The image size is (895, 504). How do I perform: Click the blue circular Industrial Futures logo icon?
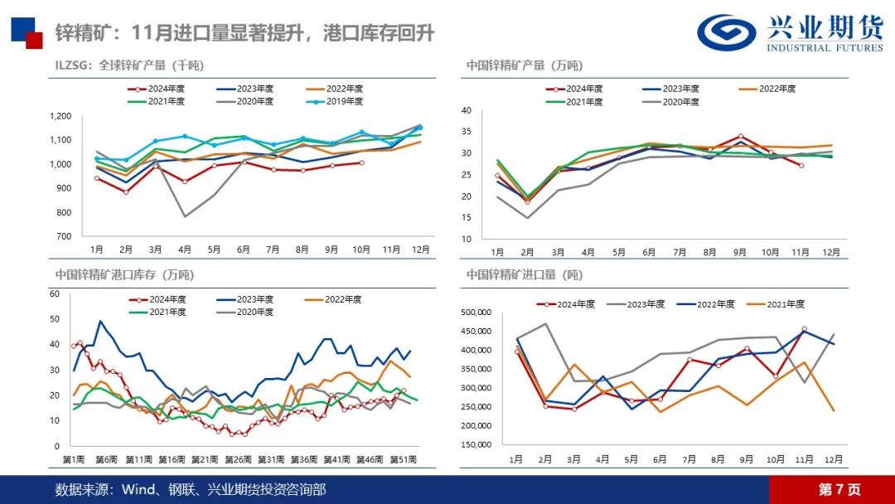tap(726, 31)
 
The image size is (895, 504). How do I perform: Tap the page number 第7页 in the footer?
tap(839, 489)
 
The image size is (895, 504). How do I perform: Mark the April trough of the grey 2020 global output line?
tap(185, 216)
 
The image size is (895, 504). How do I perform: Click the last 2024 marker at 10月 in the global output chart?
tap(360, 162)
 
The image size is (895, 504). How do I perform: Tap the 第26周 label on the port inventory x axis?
tap(238, 459)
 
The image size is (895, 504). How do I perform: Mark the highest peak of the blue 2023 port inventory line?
tap(100, 321)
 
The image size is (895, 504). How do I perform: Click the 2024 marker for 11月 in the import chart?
tap(804, 329)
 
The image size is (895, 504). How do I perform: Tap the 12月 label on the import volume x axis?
tap(833, 458)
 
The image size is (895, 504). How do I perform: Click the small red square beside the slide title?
tap(34, 40)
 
